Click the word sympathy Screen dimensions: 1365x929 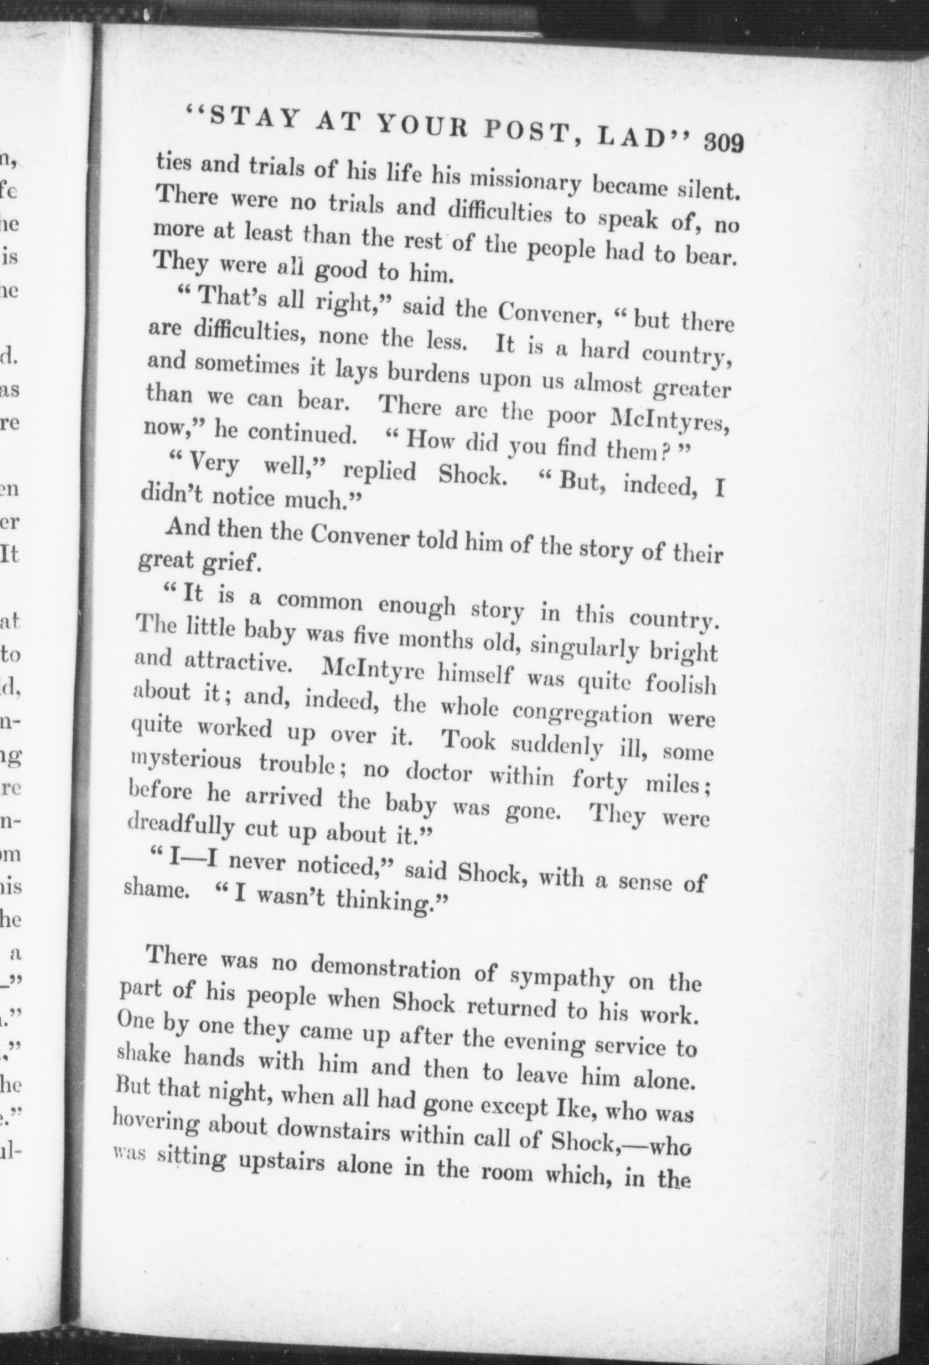click(x=562, y=978)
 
